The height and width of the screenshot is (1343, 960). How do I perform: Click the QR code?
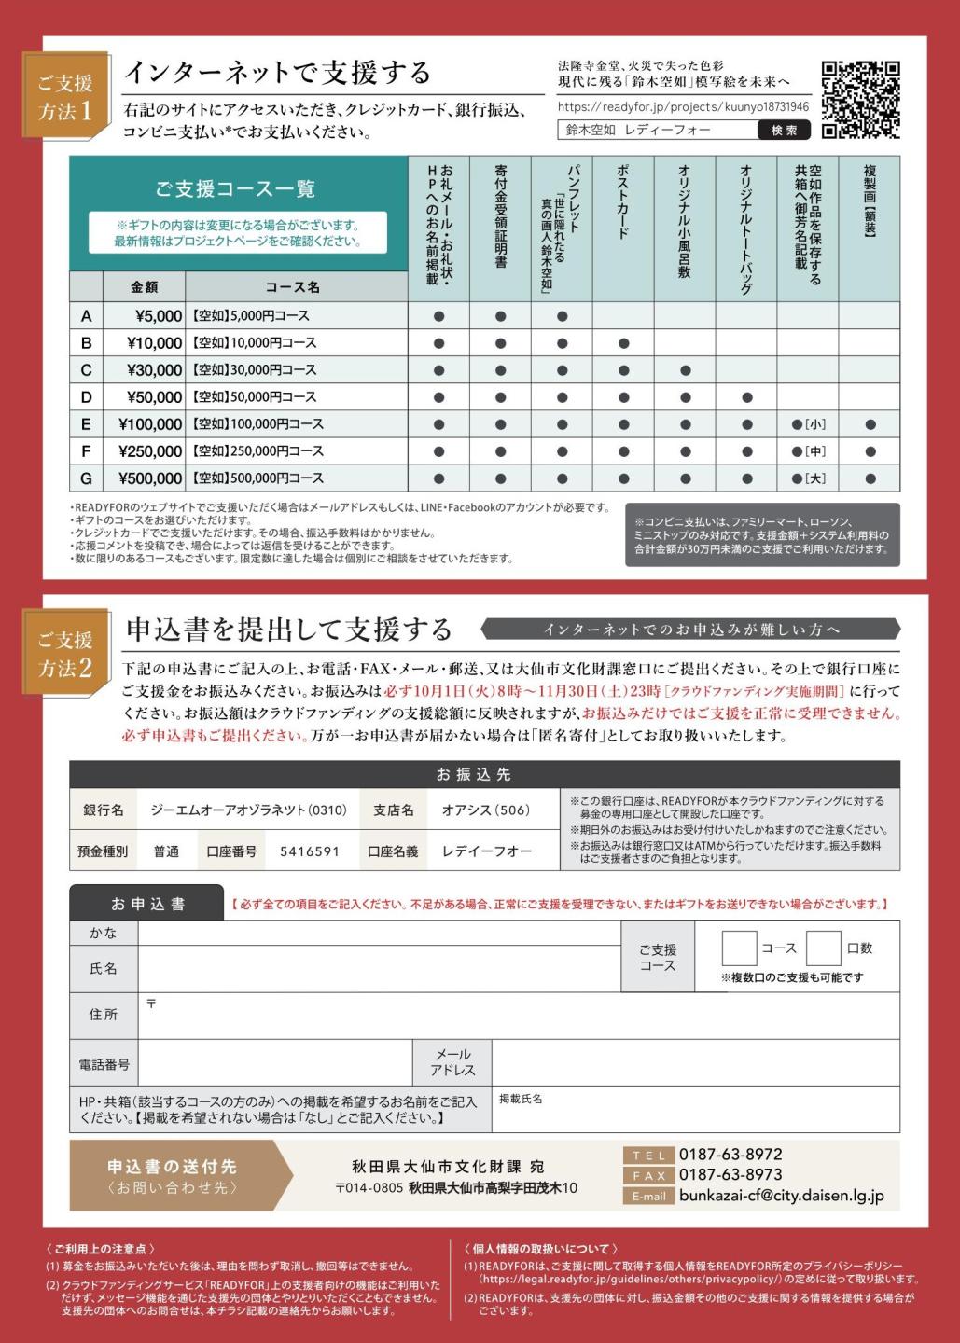tap(860, 100)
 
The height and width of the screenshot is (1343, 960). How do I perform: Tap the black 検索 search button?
tap(784, 131)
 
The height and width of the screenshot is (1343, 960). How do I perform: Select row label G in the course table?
tap(86, 478)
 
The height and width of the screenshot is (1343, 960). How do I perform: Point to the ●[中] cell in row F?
tap(808, 451)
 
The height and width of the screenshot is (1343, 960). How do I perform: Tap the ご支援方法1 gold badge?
tap(65, 96)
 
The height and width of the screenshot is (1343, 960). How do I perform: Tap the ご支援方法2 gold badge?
tap(65, 653)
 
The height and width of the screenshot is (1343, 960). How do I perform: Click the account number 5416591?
tap(310, 851)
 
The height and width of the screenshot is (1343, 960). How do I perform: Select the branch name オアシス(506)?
tap(485, 810)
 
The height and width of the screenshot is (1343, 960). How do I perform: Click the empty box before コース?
tap(739, 948)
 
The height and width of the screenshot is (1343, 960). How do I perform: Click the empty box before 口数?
tap(823, 948)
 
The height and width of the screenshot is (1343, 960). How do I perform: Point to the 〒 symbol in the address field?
tap(151, 1004)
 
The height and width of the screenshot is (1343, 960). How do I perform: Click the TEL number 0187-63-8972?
tap(730, 1155)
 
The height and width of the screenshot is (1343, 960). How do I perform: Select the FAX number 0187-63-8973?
tap(730, 1175)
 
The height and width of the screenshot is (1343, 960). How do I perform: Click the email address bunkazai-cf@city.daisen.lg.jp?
tap(781, 1196)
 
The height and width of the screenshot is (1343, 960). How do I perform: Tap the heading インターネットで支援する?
tap(277, 72)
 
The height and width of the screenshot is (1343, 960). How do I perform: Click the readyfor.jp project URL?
tap(682, 107)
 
